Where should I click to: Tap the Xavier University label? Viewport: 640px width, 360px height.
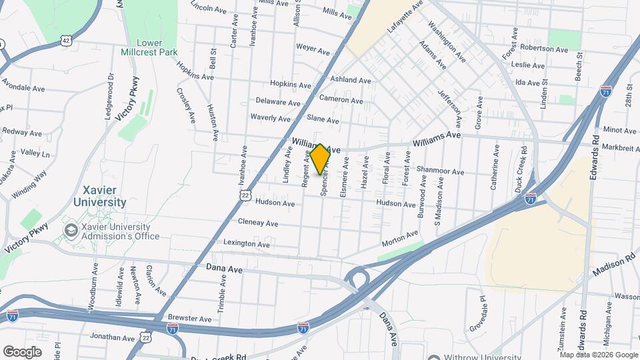point(101,196)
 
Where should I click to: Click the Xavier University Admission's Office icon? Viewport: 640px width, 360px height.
point(70,231)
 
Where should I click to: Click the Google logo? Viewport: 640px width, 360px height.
point(22,351)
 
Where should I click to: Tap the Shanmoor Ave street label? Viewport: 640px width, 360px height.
point(440,171)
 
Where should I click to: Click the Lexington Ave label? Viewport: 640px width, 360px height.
point(247,243)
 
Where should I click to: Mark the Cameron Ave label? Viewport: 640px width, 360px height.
point(341,100)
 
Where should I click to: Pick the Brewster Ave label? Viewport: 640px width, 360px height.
point(189,319)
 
